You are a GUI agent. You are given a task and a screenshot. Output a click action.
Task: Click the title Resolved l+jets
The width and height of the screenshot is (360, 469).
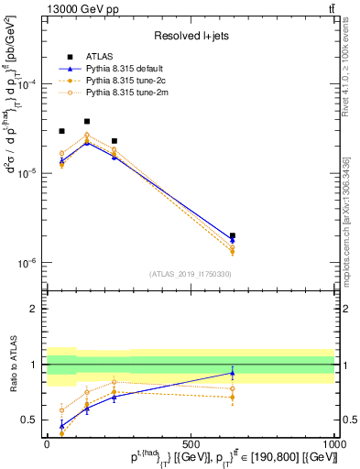tap(190, 37)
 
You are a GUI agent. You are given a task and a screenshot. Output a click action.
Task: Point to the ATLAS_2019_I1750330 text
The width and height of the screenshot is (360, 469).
tap(191, 273)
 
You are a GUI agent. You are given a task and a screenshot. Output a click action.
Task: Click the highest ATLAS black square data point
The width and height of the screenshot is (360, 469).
tap(87, 122)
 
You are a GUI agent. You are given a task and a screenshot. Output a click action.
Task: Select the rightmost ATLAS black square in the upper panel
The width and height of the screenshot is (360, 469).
tap(233, 235)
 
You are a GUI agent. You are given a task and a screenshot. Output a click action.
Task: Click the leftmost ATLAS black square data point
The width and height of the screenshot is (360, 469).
tap(61, 131)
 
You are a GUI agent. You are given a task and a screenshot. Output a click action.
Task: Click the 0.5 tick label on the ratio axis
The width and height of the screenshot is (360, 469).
tap(29, 420)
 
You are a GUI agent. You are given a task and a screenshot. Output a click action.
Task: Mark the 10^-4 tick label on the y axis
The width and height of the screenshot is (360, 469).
tap(26, 84)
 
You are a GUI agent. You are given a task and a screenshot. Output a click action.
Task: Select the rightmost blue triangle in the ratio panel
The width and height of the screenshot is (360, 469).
tap(233, 373)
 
